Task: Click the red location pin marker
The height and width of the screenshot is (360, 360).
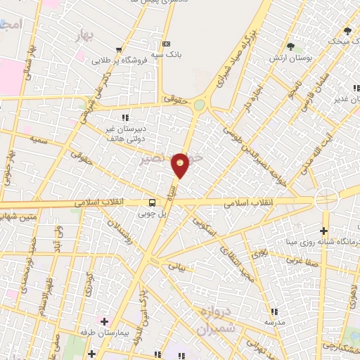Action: (x=181, y=165)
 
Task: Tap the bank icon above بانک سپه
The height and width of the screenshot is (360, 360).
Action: (x=166, y=43)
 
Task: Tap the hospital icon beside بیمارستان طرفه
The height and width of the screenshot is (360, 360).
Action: (x=104, y=321)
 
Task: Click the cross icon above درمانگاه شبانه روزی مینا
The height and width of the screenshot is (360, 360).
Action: (x=323, y=231)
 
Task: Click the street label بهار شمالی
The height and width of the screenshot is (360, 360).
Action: (x=27, y=71)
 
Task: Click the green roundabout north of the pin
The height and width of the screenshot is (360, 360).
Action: (x=200, y=105)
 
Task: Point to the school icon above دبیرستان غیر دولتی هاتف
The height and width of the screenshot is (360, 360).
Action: (x=126, y=117)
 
